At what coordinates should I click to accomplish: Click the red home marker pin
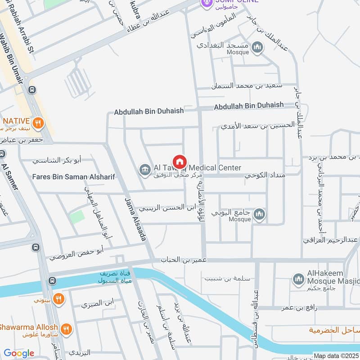(180, 162)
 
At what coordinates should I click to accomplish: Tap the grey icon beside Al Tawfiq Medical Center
(145, 169)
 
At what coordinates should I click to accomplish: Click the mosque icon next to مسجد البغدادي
(257, 48)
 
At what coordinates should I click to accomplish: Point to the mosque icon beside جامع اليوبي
(259, 215)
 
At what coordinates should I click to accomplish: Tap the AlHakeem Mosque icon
(297, 280)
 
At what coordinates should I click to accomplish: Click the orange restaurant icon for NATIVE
(38, 122)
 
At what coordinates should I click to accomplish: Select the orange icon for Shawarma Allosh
(66, 330)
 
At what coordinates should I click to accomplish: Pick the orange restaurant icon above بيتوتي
(58, 298)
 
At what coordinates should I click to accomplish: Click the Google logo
(19, 353)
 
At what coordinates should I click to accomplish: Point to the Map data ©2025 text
(336, 355)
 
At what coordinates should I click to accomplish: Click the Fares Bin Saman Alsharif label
(73, 177)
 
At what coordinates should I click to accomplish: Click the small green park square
(77, 217)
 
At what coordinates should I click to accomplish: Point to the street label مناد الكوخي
(265, 175)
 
